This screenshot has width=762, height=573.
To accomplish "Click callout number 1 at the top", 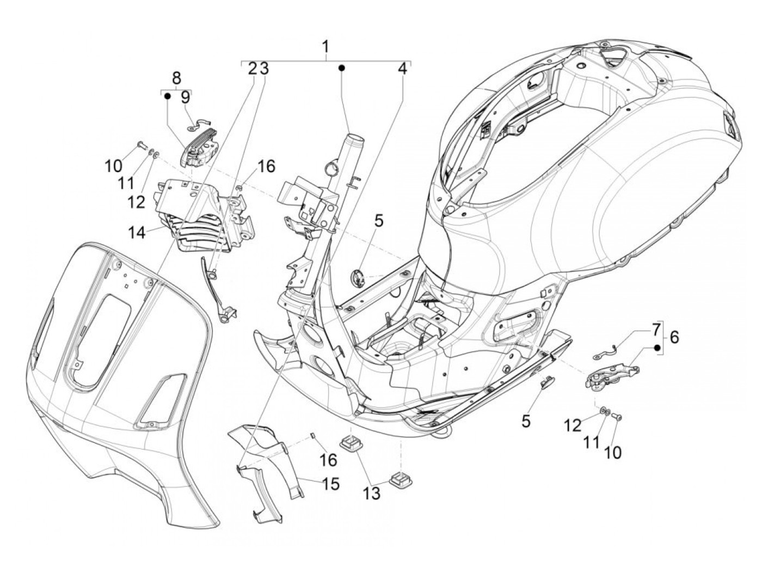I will click(325, 47).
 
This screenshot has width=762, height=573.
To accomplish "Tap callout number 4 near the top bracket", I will click(402, 69).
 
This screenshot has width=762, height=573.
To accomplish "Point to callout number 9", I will click(186, 97).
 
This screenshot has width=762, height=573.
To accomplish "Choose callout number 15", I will click(330, 483).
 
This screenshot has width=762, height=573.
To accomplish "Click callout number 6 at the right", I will click(674, 338).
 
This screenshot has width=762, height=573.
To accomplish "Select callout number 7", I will click(656, 329).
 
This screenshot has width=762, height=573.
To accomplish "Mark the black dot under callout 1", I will click(342, 68).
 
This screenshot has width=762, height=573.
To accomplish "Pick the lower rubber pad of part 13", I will click(400, 478).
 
